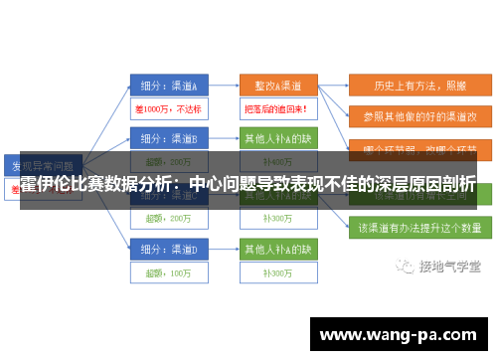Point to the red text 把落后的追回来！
coord(275,108)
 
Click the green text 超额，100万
coord(166,271)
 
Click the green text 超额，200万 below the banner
coord(166,218)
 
